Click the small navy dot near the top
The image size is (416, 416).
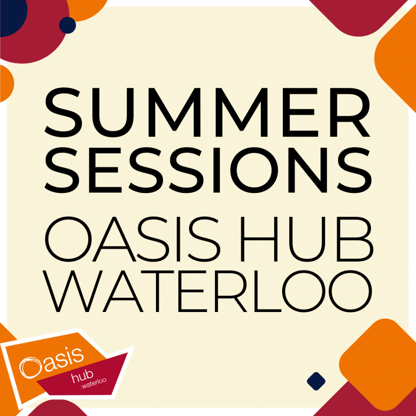[x=67, y=25]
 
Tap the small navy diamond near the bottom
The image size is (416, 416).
[x=316, y=380]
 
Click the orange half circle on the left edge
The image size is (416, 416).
[x=6, y=83]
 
